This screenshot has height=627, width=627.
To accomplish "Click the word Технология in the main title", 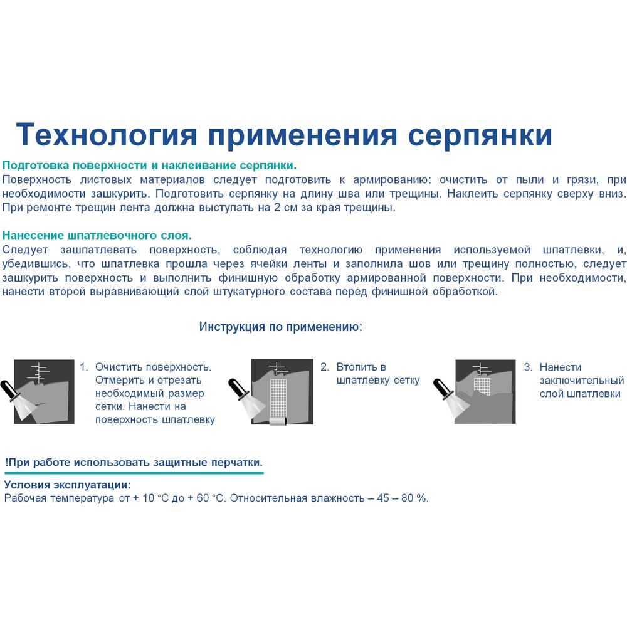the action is coord(107,135).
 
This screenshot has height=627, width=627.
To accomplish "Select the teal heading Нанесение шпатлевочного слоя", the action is coord(97,235).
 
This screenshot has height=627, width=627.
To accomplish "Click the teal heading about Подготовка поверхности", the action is coord(150,166).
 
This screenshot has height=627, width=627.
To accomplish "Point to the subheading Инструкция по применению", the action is coord(281,327).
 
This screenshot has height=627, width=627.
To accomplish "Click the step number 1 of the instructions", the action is coord(83,367).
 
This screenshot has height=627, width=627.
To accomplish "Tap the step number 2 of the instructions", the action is coord(325,367).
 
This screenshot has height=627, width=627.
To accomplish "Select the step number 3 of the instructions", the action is coord(528,367).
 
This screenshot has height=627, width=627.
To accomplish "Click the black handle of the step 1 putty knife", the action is coord(8,390).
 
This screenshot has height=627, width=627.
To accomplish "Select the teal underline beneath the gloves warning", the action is coord(134,473).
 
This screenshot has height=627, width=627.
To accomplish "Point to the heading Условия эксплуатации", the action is coord(68,485).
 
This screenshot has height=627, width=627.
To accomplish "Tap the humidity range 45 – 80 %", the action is coord(402,498).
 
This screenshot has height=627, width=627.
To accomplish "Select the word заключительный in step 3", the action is coord(582,381).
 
